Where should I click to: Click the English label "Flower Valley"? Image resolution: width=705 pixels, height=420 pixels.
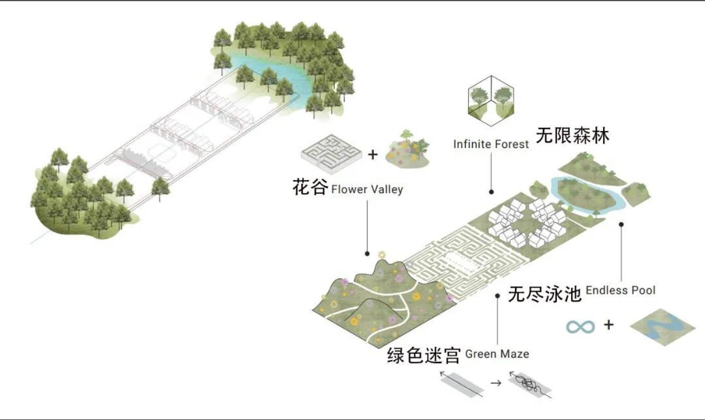(367, 190)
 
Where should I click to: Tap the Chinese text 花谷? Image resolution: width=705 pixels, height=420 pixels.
(309, 188)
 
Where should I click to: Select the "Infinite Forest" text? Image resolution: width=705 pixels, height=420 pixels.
(491, 143)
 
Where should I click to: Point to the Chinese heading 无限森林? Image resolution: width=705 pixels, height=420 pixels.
(572, 135)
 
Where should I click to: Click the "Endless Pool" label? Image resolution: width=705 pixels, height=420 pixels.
(620, 290)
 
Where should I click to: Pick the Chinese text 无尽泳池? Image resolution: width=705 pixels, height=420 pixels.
(544, 295)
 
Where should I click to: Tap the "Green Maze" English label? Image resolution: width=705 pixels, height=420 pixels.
(497, 354)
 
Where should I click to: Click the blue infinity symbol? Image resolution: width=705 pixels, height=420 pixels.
(581, 325)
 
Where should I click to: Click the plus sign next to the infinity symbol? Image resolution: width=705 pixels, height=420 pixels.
(608, 324)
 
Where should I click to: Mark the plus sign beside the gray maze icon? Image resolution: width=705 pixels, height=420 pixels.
(372, 155)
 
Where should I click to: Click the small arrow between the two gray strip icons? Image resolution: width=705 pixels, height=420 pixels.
(496, 384)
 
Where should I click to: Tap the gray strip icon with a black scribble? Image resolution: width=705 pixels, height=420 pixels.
(530, 385)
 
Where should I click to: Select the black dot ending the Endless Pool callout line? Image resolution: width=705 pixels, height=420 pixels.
(621, 224)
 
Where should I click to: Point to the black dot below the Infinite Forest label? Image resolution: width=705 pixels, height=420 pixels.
(492, 192)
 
